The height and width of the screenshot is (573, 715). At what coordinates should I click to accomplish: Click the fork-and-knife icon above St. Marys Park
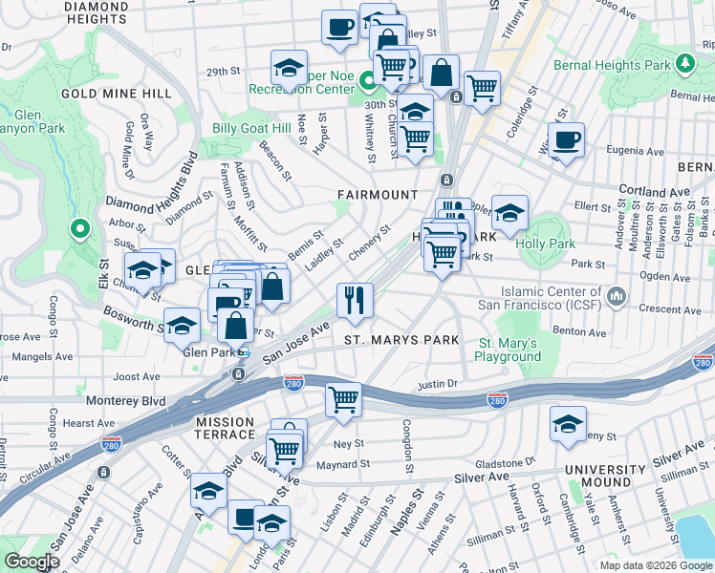[x=355, y=301]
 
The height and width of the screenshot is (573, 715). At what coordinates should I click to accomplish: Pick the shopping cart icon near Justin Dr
[x=343, y=399]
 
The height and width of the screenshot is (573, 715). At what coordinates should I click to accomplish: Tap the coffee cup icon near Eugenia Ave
[x=566, y=138]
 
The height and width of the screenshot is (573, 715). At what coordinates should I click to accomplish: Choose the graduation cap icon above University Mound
[x=568, y=424]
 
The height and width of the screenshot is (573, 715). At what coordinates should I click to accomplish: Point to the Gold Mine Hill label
[x=116, y=94]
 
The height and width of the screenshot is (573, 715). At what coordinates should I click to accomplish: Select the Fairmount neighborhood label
[x=378, y=195]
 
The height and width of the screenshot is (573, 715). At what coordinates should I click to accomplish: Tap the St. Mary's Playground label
[x=509, y=350]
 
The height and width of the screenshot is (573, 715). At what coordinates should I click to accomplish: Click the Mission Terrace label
[x=225, y=421]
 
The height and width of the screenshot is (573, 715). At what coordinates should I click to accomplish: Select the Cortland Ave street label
[x=654, y=191]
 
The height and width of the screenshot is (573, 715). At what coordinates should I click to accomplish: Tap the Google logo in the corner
[x=32, y=562]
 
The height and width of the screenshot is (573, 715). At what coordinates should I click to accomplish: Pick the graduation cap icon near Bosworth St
[x=182, y=325]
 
